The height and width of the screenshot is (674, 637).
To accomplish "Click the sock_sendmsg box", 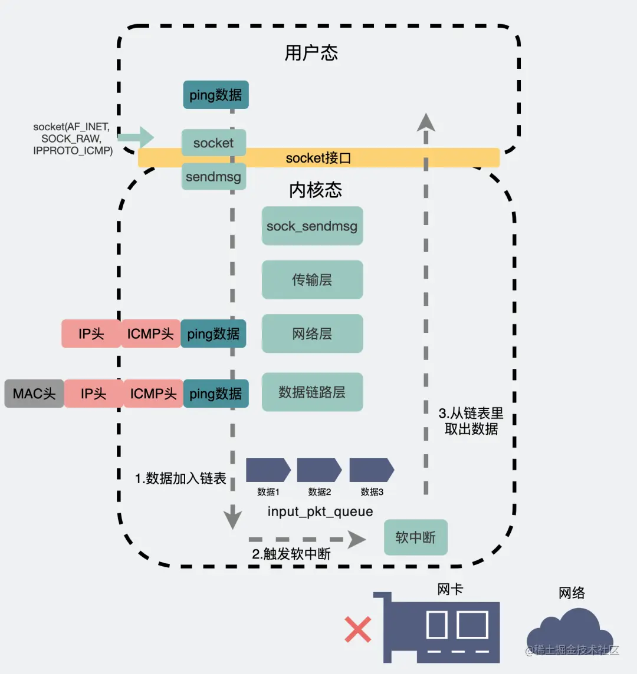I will click(312, 226).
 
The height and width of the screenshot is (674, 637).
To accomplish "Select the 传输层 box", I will click(312, 280).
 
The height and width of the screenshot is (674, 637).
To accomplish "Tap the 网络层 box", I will click(312, 334).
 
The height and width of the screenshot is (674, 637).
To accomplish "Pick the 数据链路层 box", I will click(312, 392).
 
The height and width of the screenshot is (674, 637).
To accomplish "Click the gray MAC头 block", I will click(34, 394).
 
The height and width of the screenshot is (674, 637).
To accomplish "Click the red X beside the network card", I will click(358, 629).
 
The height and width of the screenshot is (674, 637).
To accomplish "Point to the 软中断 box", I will click(416, 537).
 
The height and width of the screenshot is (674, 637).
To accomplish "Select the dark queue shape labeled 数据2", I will click(318, 470).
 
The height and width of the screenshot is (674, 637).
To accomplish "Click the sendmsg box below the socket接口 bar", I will click(213, 177).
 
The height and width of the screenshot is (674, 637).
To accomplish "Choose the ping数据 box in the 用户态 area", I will click(216, 95).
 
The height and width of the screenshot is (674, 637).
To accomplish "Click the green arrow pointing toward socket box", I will click(136, 137).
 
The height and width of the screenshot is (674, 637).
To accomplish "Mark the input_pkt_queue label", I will click(320, 511).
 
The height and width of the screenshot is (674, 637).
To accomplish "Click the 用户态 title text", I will click(311, 53).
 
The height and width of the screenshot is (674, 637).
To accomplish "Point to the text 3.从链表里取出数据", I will click(471, 421).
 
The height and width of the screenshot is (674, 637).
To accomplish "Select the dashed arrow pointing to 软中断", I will click(307, 538).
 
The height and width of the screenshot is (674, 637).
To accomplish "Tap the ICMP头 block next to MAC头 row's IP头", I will click(153, 394).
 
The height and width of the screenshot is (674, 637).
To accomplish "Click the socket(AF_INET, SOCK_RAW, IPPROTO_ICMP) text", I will click(72, 138).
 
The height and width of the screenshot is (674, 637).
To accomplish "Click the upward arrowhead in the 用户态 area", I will click(426, 122).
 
